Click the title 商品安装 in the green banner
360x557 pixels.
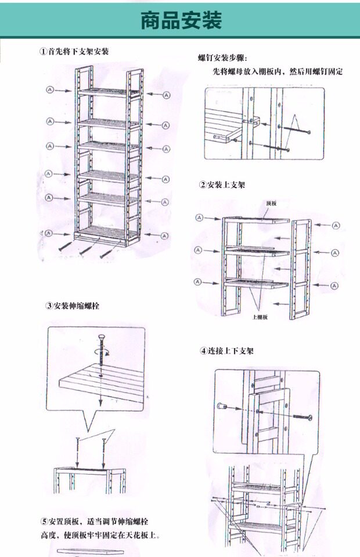[x=181, y=21]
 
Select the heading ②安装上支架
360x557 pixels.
[x=222, y=185]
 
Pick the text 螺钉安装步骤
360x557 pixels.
[x=222, y=59]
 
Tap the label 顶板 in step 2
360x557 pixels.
[x=271, y=204]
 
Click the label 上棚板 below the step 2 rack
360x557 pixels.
[x=260, y=317]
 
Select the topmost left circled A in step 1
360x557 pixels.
[x=50, y=90]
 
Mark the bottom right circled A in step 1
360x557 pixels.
[x=165, y=235]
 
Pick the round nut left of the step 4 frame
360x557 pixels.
[x=222, y=407]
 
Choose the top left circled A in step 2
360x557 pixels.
[x=199, y=217]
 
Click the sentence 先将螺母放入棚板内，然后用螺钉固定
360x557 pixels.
[x=277, y=73]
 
